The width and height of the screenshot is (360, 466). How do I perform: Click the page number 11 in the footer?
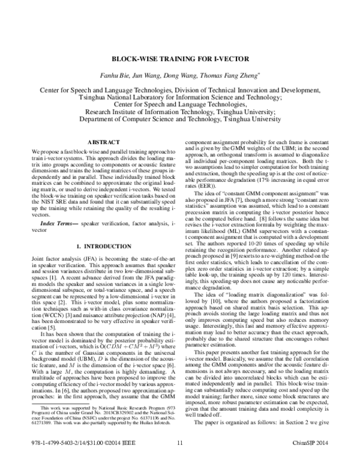tap(180, 459)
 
